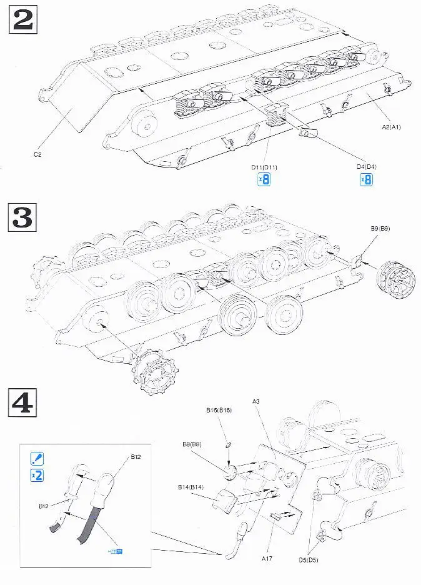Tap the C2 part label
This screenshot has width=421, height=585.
point(37,153)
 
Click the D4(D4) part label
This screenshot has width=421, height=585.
point(366,167)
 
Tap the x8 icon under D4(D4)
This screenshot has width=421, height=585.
point(366,180)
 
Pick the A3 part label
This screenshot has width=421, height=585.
point(257,401)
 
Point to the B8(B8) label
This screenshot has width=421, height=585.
point(191,444)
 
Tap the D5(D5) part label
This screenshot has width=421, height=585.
point(308,559)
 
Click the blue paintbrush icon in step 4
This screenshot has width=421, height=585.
point(37,459)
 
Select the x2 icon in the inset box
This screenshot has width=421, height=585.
point(37,476)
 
